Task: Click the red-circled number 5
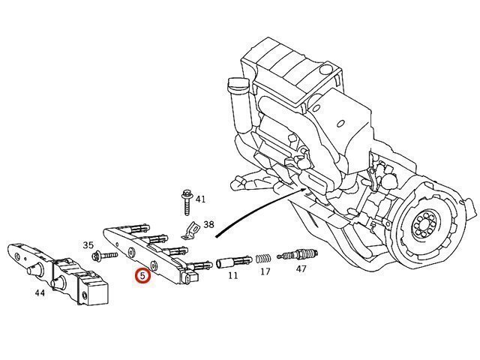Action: (x=143, y=275)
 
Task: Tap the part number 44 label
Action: (x=40, y=293)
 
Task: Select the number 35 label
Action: (x=88, y=245)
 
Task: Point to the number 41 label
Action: (x=200, y=199)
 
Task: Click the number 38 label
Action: (x=208, y=225)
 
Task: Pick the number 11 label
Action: (x=233, y=275)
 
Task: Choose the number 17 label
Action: (x=265, y=271)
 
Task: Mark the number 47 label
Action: (x=301, y=268)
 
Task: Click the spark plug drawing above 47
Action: (x=298, y=255)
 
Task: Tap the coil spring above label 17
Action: (x=263, y=259)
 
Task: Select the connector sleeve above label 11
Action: (x=234, y=262)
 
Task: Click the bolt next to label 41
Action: (x=187, y=202)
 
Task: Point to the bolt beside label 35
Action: (x=105, y=255)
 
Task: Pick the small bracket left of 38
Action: (x=190, y=230)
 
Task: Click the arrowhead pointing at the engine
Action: (x=303, y=190)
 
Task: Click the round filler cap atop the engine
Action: (x=325, y=69)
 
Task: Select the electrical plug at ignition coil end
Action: (x=190, y=277)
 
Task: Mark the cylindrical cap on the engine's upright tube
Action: (x=237, y=84)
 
